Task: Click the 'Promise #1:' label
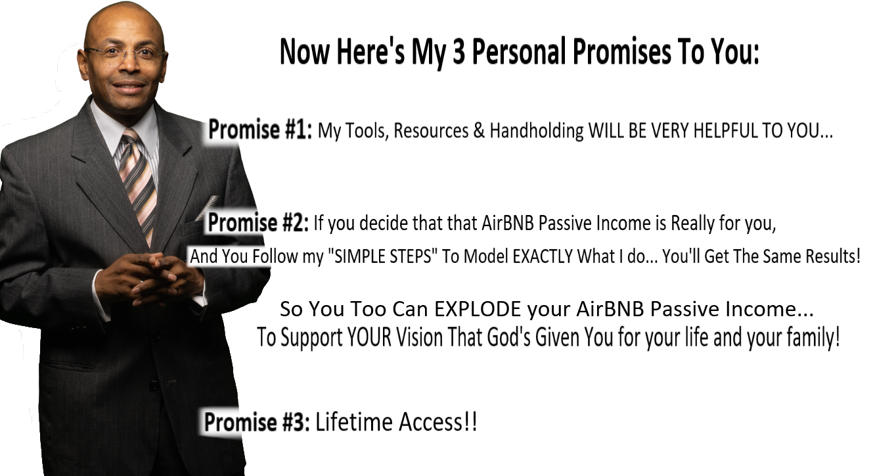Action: (260, 130)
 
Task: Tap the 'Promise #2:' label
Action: (258, 222)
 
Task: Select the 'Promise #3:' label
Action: (257, 422)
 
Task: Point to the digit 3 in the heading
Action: (459, 51)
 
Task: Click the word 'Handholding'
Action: (537, 130)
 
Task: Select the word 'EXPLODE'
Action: (478, 309)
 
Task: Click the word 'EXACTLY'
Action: (543, 256)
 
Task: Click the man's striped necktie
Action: (139, 183)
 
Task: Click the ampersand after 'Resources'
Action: (479, 130)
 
